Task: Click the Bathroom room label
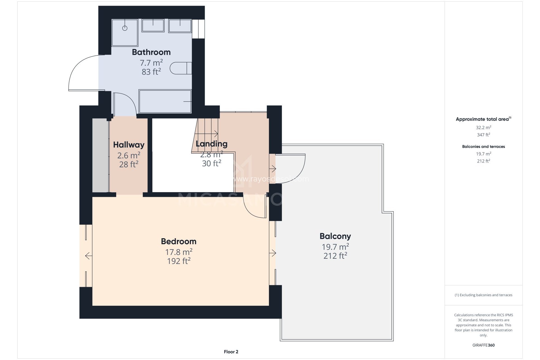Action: [x=151, y=52]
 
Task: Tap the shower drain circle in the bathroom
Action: [x=125, y=28]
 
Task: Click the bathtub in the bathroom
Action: [x=165, y=101]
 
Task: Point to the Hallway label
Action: [x=129, y=145]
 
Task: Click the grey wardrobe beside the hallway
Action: [x=100, y=155]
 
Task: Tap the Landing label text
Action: [x=211, y=144]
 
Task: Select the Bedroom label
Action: [x=179, y=241]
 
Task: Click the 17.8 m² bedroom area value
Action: [x=179, y=252]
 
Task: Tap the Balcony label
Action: [x=335, y=236]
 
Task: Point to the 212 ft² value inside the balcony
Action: [x=335, y=256]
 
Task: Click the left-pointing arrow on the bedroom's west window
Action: [x=88, y=256]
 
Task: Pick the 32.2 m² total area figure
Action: [x=483, y=127]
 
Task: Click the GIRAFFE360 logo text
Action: [x=483, y=345]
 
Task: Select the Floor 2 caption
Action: [x=231, y=352]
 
